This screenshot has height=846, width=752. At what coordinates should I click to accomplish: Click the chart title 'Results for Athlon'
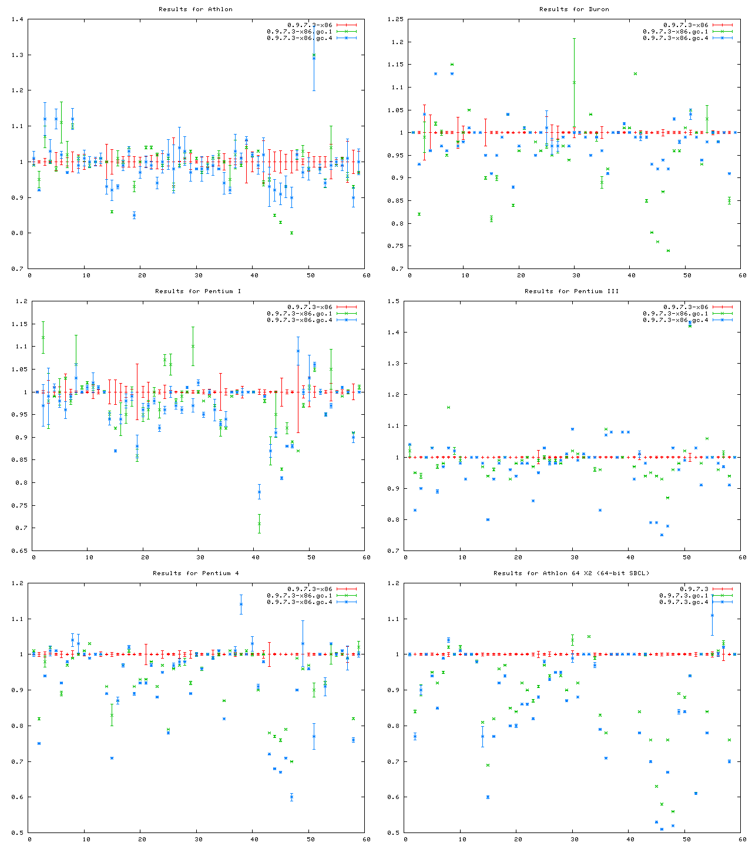[x=196, y=9]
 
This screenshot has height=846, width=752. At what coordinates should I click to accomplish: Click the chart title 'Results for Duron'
[x=574, y=9]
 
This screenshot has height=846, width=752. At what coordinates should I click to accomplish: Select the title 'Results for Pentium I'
[x=198, y=291]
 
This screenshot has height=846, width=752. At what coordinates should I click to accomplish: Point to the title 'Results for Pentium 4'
[x=196, y=573]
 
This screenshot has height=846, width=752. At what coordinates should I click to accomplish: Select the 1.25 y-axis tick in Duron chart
[x=395, y=19]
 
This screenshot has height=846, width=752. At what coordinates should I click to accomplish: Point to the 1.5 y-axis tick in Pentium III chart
[x=395, y=301]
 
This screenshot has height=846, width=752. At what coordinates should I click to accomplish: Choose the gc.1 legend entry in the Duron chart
[x=676, y=31]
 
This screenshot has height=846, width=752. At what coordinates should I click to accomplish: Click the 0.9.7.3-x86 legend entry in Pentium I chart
[x=310, y=307]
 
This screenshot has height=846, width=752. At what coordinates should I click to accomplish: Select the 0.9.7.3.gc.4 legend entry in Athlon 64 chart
[x=684, y=602]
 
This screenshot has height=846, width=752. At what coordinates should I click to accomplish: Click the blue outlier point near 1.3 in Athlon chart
[x=314, y=56]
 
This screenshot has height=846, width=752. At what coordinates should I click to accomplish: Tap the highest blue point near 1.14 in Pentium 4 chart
[x=241, y=604]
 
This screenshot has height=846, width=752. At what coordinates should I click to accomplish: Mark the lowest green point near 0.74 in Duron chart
[x=668, y=250]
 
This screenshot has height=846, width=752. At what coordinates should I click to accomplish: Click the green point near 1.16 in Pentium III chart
[x=448, y=407]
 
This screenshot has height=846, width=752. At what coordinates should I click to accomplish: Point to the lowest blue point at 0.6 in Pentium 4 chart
[x=291, y=797]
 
